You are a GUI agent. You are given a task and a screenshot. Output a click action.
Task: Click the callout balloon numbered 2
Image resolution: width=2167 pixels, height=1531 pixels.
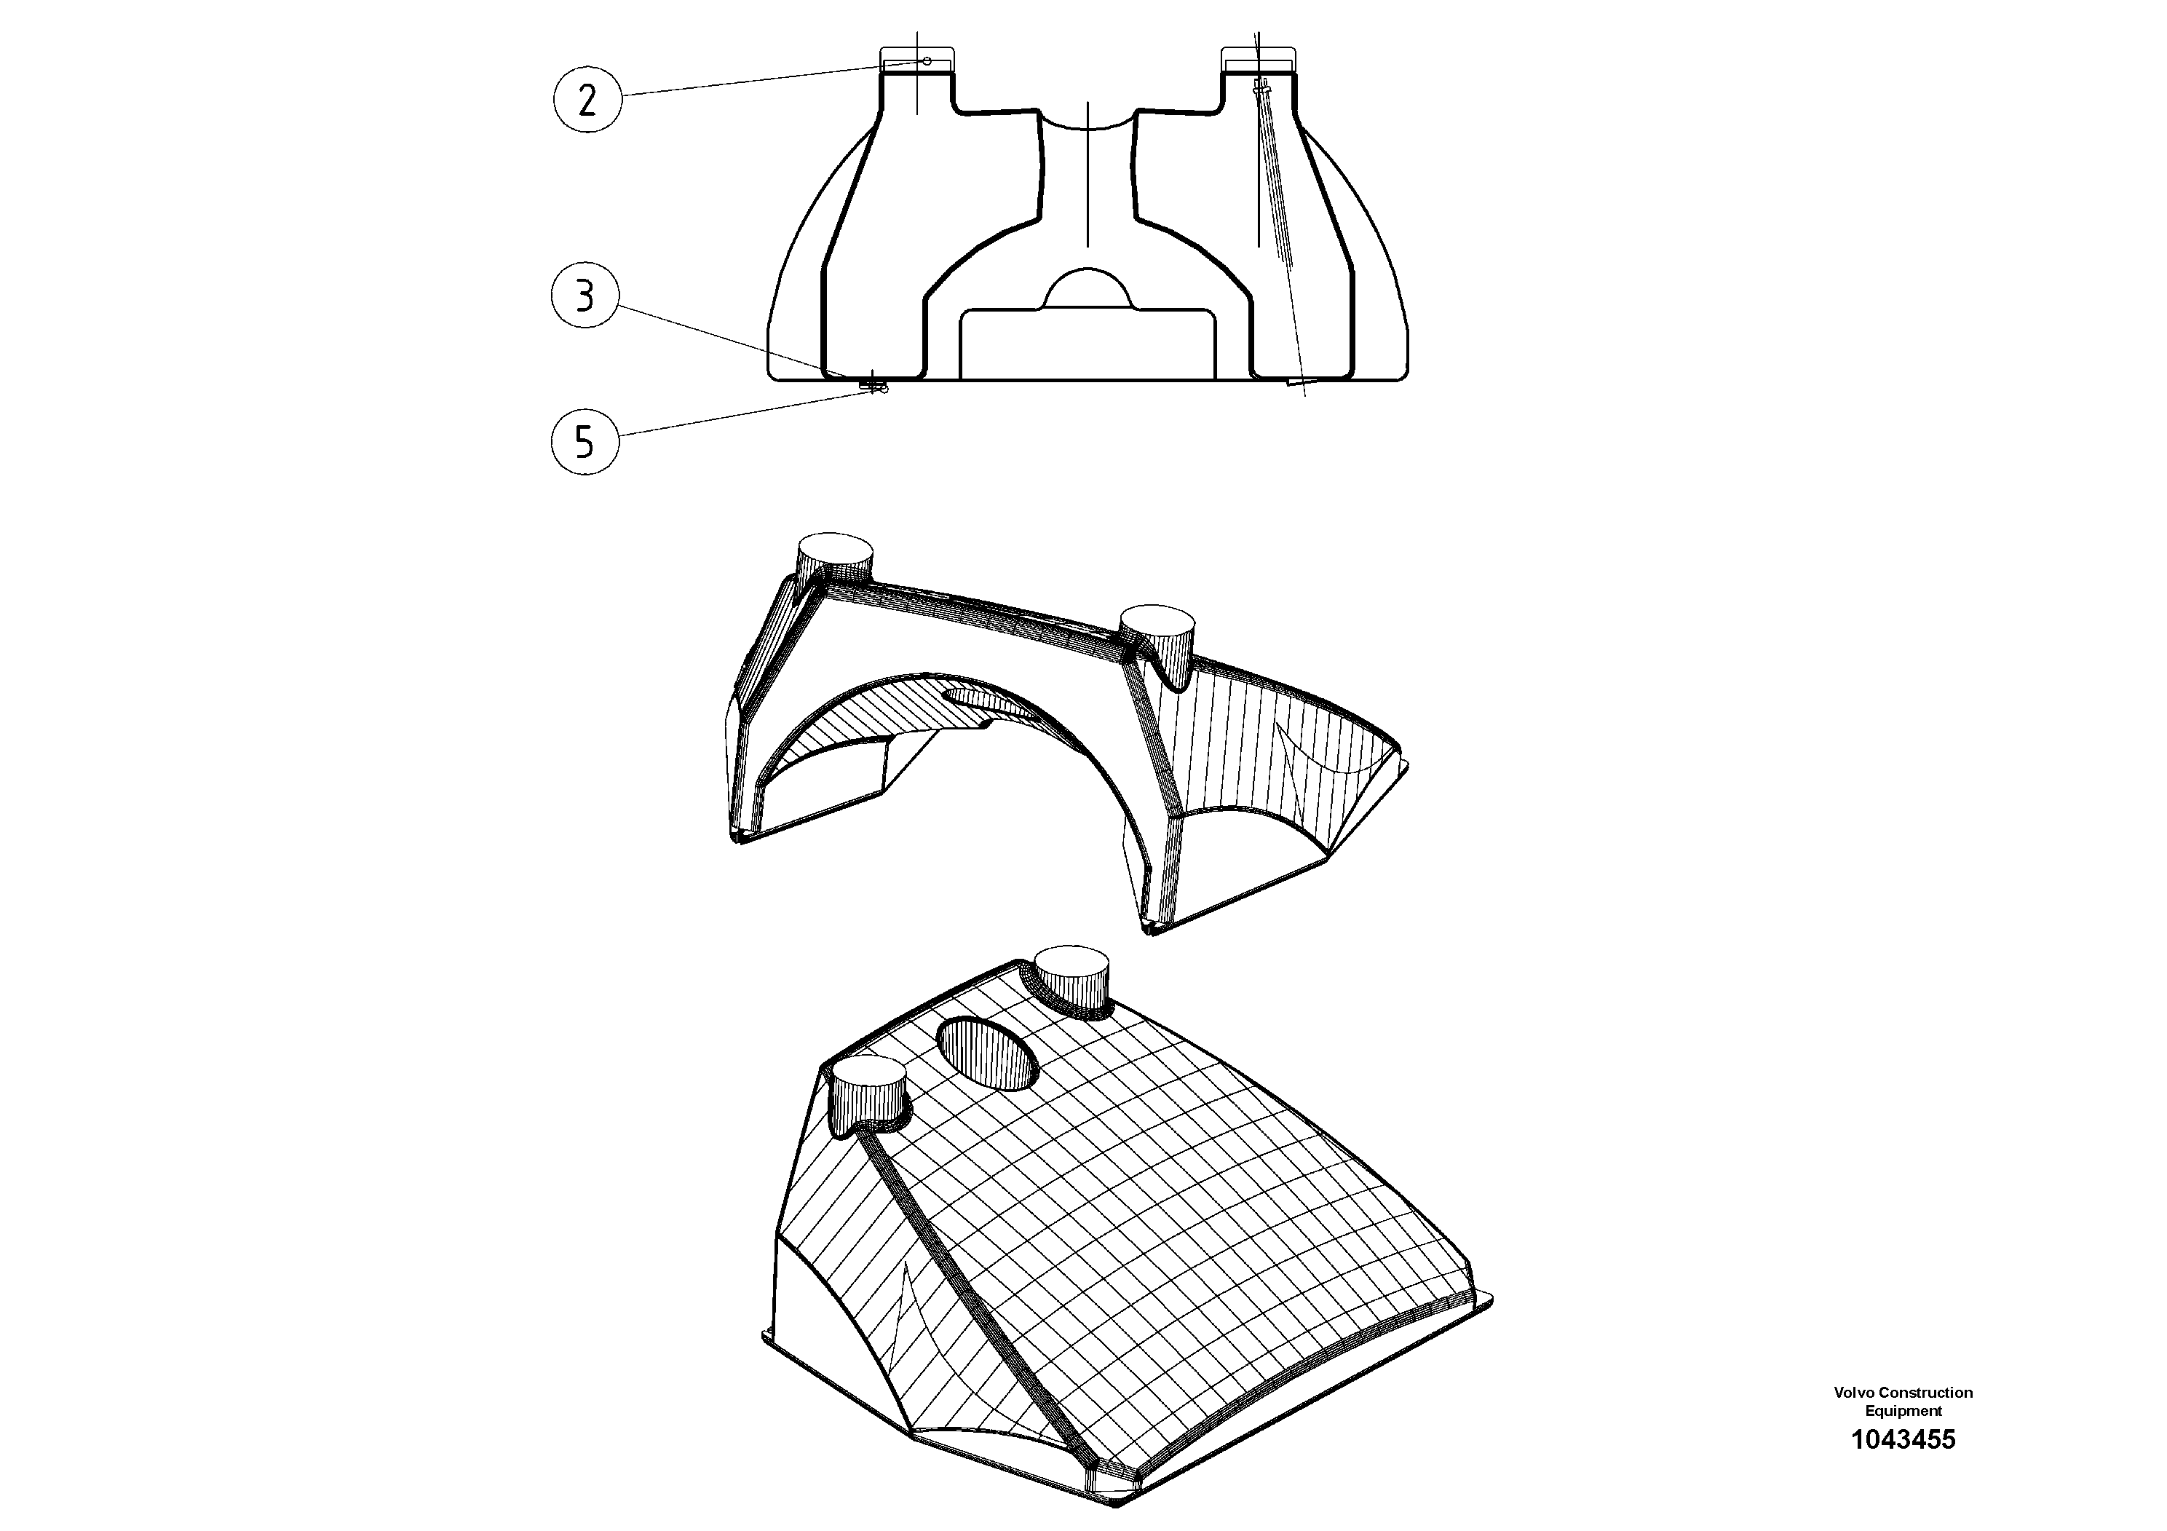coord(587,98)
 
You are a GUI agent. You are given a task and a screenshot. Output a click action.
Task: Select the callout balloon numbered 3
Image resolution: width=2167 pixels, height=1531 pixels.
coord(585,296)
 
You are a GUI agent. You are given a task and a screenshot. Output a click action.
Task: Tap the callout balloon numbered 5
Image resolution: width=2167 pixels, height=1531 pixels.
coord(585,440)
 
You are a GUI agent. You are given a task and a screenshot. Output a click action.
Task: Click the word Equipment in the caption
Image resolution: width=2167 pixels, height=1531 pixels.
coord(1903,1411)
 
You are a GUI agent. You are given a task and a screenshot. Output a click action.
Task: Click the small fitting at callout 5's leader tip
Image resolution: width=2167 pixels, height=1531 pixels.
coord(875,385)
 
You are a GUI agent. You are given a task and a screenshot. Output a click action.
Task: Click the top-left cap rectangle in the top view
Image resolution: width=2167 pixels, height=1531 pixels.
coord(916,58)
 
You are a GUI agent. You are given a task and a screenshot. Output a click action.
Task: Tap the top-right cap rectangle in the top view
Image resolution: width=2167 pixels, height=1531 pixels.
coord(1258,58)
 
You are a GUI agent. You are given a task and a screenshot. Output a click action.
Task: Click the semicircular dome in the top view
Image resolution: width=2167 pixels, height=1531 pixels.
coord(1088,288)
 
